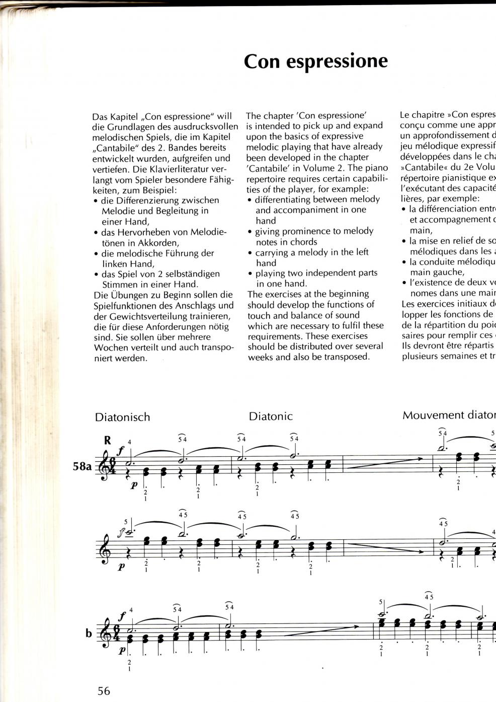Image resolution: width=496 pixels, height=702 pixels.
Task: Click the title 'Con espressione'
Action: (315, 61)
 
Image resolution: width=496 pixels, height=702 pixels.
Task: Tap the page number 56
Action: (103, 690)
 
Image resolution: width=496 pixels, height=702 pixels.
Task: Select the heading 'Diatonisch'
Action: (122, 417)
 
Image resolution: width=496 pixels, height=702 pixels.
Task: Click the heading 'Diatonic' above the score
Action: (270, 416)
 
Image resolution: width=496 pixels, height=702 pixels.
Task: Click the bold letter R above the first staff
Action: (107, 440)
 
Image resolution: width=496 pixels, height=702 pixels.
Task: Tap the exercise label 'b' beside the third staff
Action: (89, 633)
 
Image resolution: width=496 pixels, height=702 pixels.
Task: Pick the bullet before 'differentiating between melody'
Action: (250, 200)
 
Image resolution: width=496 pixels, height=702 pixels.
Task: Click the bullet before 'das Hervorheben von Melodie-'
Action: (96, 233)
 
